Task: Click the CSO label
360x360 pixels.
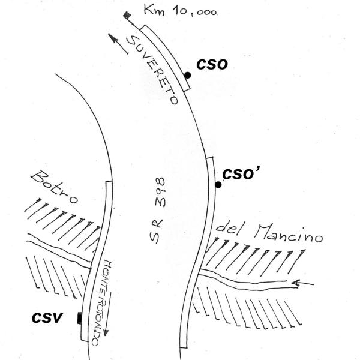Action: [212, 65]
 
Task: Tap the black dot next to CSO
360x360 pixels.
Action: [188, 75]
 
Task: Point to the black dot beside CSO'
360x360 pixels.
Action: [218, 184]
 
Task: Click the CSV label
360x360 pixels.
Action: [47, 318]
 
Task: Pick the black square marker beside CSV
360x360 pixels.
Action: [79, 318]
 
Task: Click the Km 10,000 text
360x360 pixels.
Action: [180, 10]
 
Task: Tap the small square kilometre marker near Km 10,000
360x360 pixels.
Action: [127, 15]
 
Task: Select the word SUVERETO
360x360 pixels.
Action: [152, 70]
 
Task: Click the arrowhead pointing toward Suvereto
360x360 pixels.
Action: [113, 38]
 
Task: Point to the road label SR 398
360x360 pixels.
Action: [157, 210]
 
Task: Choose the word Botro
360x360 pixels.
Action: [54, 187]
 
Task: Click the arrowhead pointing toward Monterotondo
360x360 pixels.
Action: [106, 332]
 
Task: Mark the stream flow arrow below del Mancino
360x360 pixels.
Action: [302, 283]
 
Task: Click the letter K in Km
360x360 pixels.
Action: [148, 9]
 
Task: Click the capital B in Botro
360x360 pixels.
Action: [38, 177]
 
